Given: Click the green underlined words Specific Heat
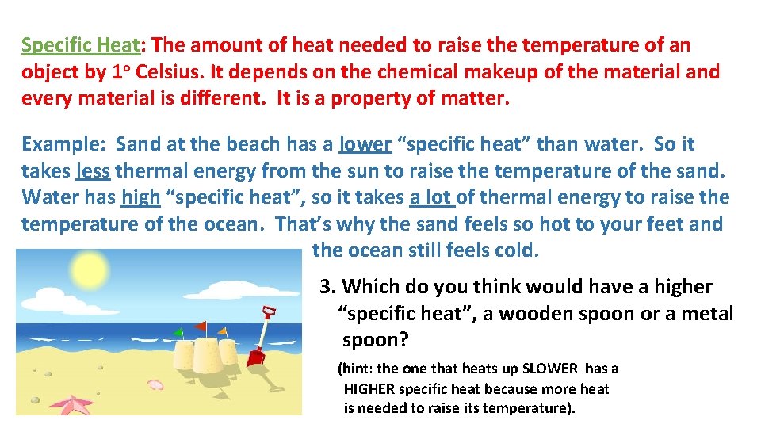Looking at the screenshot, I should point(79,45).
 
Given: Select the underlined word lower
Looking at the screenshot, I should point(365,144).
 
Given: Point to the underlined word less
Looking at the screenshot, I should point(93,170).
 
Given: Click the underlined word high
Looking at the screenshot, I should point(140,197).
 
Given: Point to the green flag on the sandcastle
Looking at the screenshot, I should point(179,331).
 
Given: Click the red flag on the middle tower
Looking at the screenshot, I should point(201,325).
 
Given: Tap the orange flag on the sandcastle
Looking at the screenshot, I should point(223,331).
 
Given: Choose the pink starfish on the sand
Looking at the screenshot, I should point(76,405).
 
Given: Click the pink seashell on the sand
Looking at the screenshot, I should point(155,385).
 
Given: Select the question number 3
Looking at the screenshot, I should point(325,287).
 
